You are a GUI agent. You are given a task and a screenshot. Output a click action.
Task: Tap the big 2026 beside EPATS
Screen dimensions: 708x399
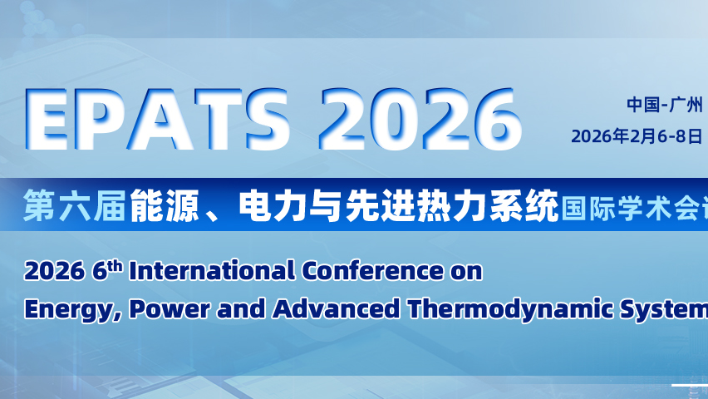tap(420, 120)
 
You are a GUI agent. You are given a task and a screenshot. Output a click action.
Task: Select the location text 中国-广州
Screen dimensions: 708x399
tap(665, 105)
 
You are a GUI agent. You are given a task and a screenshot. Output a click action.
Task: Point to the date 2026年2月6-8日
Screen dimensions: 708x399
tap(637, 135)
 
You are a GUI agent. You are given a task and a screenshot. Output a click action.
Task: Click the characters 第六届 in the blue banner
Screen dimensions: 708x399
tap(75, 205)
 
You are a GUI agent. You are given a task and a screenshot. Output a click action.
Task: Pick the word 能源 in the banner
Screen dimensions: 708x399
tap(165, 205)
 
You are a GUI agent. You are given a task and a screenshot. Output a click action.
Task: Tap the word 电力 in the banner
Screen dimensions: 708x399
tap(273, 205)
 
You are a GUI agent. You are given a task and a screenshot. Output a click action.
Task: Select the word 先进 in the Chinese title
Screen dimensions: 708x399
tap(380, 205)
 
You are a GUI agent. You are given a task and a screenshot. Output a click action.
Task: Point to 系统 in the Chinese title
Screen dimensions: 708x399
tap(524, 205)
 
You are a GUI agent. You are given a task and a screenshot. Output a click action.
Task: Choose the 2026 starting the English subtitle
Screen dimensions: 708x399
tap(55, 272)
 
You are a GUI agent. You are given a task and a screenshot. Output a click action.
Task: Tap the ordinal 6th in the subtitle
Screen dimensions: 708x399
tap(107, 271)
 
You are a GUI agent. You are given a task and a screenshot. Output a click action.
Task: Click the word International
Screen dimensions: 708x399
tap(212, 271)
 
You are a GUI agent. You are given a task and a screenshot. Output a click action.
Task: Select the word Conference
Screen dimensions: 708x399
tap(372, 271)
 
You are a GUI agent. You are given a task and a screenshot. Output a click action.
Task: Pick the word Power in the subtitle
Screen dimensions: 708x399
tap(170, 309)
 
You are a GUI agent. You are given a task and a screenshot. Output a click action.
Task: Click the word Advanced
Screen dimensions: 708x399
tap(337, 309)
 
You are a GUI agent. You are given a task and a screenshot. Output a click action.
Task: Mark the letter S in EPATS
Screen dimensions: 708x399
tap(268, 120)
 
